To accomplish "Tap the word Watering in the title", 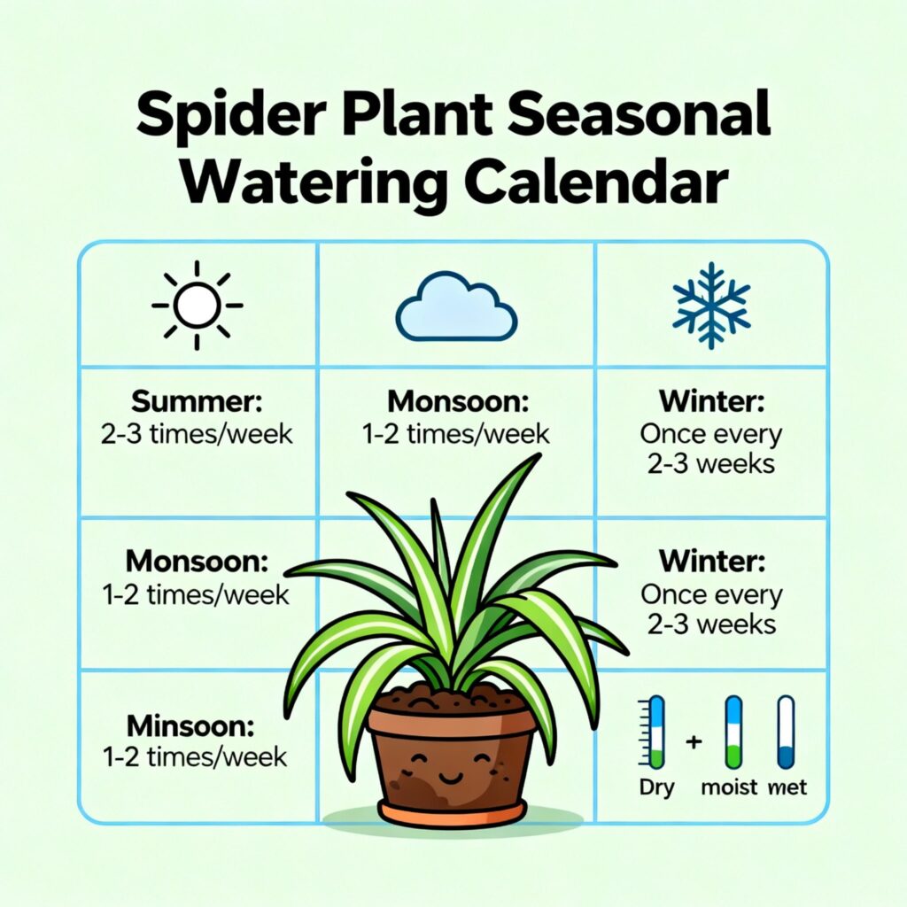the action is tap(314, 180).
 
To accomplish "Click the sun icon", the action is tap(198, 306).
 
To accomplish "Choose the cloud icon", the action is tap(456, 306).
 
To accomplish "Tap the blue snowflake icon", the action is tap(711, 306).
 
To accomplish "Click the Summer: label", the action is tap(197, 401).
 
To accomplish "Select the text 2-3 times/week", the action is tap(197, 434).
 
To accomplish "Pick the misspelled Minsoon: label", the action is tap(190, 726).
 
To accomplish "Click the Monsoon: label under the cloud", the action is tap(458, 401).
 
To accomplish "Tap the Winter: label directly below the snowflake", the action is tap(711, 401).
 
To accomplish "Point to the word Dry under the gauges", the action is tap(656, 788).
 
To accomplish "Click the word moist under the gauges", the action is tap(729, 787).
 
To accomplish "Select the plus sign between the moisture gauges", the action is tap(694, 741).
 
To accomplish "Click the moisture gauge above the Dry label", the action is tap(655, 732).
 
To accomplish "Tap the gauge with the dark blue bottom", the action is tap(786, 732).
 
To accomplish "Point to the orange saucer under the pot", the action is tap(453, 813).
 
